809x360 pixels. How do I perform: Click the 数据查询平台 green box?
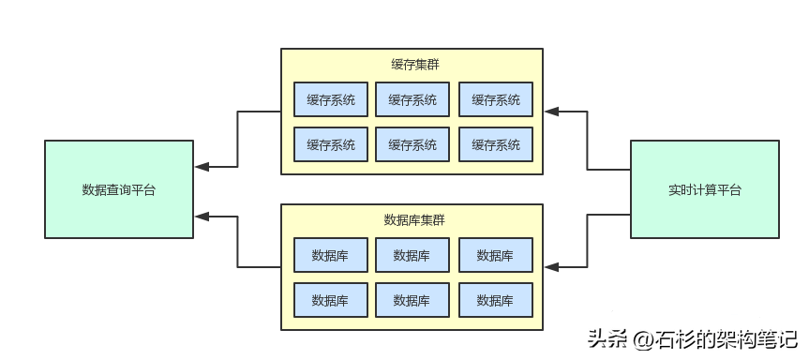pyautogui.click(x=119, y=189)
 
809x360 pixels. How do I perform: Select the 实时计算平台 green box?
pyautogui.click(x=704, y=189)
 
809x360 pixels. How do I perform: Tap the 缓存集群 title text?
pyautogui.click(x=412, y=65)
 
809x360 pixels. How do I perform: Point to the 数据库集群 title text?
pyautogui.click(x=412, y=220)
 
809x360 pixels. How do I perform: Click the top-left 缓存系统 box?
pyautogui.click(x=330, y=99)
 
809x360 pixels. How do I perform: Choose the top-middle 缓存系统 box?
pyautogui.click(x=412, y=99)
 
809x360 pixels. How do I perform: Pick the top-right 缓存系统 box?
pyautogui.click(x=495, y=99)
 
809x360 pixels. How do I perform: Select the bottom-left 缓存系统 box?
pyautogui.click(x=330, y=144)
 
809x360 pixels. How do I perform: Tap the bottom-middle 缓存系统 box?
pyautogui.click(x=412, y=144)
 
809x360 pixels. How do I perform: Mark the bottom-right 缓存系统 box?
pyautogui.click(x=495, y=144)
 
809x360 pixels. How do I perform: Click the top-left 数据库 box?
pyautogui.click(x=330, y=255)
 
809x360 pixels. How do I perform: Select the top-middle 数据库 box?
pyautogui.click(x=412, y=255)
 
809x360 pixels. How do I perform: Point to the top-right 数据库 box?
pyautogui.click(x=495, y=255)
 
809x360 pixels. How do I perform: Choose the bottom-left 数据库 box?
pyautogui.click(x=330, y=300)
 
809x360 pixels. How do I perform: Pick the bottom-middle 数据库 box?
pyautogui.click(x=412, y=300)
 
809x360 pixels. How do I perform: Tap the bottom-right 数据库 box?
pyautogui.click(x=495, y=300)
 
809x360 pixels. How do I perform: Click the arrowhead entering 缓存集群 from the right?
pyautogui.click(x=551, y=112)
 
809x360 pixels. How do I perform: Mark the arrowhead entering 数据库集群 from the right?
pyautogui.click(x=551, y=267)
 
